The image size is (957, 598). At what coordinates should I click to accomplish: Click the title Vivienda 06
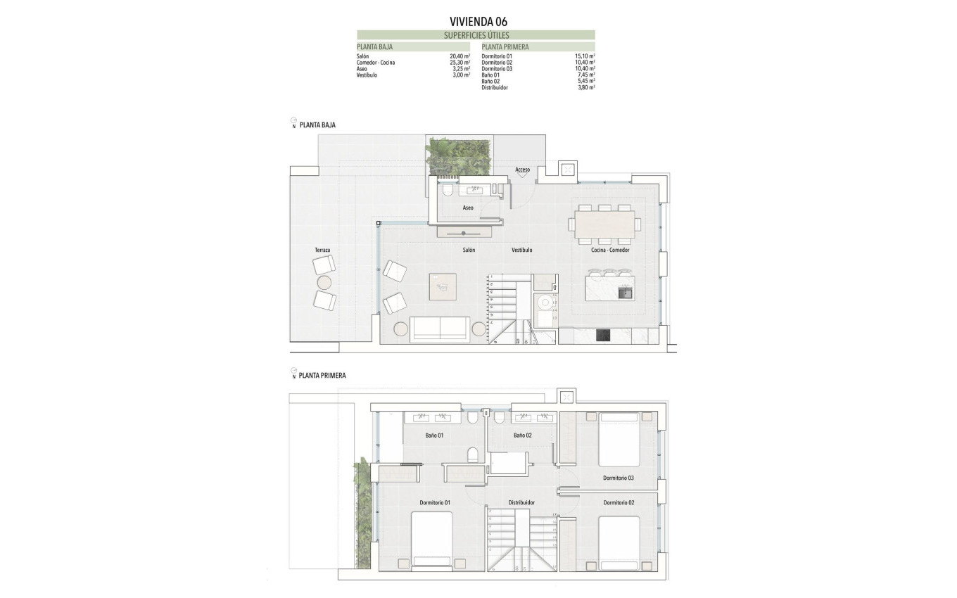coord(478,21)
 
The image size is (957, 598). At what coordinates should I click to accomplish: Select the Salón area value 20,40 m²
coord(460,56)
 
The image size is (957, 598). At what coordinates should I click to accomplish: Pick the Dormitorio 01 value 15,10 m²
coord(585,56)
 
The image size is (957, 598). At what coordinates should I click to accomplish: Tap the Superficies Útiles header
coord(476,35)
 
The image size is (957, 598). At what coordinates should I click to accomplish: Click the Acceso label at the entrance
coord(522,170)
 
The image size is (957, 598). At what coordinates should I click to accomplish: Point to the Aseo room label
coord(468,208)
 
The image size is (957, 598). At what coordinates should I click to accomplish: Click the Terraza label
coord(323,250)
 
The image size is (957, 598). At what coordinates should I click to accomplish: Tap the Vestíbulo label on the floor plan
coord(521,250)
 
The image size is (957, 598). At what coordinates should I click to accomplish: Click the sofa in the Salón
coord(441,328)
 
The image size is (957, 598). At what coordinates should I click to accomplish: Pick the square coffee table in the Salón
coord(443,286)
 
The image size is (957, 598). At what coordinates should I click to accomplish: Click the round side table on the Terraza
coord(324,283)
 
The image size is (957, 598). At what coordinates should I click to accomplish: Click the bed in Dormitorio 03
coord(619,440)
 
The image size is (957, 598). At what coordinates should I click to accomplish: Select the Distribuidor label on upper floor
coord(521,502)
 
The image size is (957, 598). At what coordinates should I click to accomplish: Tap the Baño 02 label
coord(522,435)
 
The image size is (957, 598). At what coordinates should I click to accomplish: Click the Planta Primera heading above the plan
coord(322,376)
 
